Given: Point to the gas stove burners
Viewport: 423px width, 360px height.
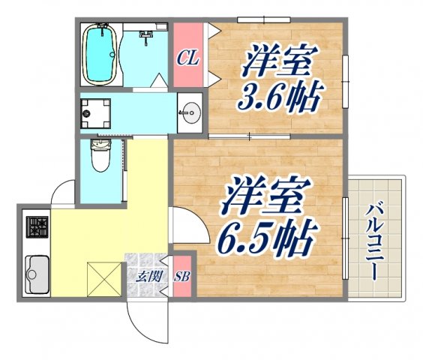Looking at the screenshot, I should coord(37,227).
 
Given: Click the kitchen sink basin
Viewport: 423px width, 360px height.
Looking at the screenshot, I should coord(37,274).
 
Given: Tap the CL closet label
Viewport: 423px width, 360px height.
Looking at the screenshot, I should coord(188,57).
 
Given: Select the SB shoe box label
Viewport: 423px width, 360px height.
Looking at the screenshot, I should coord(183,277).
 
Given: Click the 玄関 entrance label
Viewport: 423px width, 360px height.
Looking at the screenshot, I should coord(148,277).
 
